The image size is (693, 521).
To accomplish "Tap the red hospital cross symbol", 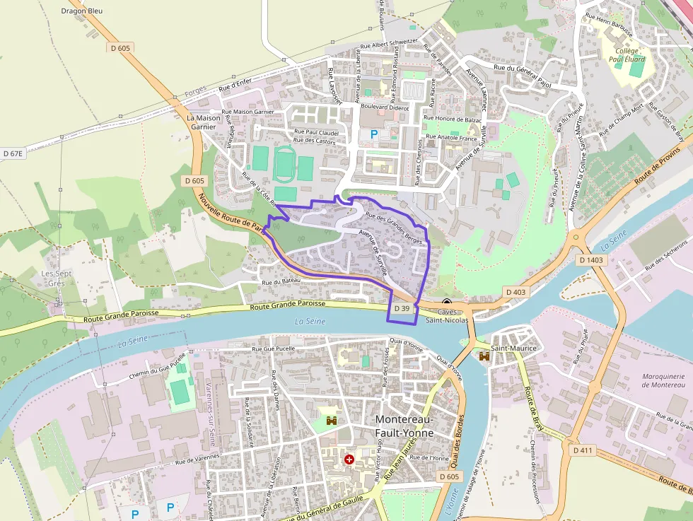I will click(349, 459).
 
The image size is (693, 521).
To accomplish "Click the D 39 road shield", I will click(402, 309).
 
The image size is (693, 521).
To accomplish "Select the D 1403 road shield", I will click(591, 260).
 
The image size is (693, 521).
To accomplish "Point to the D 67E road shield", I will click(13, 153).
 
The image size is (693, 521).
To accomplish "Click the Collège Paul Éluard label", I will click(627, 55).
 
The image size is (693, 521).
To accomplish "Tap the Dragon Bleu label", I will click(82, 11).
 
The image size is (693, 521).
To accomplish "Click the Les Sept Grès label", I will click(57, 278).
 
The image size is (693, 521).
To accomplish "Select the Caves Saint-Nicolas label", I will click(447, 316).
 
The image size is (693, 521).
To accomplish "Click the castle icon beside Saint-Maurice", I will click(484, 357).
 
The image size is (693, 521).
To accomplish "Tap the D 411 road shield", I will click(583, 450).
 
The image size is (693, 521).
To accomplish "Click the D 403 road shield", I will click(516, 291).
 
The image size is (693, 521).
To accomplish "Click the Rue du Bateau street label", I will click(281, 282).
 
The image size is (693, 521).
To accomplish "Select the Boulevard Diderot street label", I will click(385, 108).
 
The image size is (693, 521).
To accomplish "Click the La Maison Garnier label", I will click(200, 122).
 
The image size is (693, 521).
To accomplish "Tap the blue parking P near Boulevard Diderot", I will click(374, 134).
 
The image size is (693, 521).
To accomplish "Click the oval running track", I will click(284, 163).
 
